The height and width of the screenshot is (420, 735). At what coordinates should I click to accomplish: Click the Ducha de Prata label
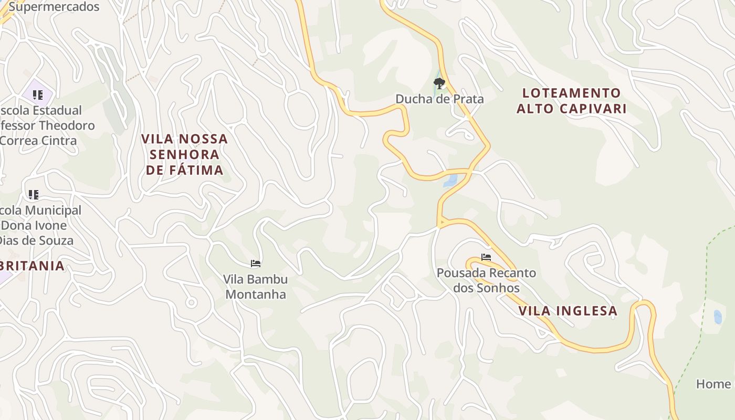coord(439,99)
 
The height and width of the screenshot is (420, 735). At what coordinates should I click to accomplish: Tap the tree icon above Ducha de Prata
coord(439,83)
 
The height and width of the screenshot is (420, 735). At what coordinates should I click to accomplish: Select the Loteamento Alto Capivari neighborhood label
coord(572,101)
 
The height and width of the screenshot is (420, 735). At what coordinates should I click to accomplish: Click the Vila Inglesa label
coord(568,311)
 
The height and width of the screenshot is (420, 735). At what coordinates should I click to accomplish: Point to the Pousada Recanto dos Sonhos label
coord(486,280)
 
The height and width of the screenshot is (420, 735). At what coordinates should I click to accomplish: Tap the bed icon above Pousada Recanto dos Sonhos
coord(486,257)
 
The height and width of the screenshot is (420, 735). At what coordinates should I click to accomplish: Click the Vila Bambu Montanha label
coord(256,287)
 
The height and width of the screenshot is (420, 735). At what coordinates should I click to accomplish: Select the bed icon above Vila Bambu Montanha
coord(256,263)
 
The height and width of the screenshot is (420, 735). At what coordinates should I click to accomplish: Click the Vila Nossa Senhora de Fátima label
coord(185,154)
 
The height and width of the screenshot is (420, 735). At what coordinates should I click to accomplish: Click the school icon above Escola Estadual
coord(37,95)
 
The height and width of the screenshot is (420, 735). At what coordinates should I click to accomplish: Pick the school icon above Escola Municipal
coord(34,195)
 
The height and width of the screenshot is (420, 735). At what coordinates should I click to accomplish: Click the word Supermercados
coord(54,7)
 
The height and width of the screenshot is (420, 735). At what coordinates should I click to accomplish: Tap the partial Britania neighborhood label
coord(33,266)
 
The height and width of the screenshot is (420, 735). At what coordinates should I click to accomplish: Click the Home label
coord(713,384)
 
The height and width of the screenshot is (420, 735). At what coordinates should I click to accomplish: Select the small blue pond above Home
coord(718,317)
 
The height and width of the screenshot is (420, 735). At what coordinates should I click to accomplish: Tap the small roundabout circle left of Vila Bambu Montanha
coord(191,302)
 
